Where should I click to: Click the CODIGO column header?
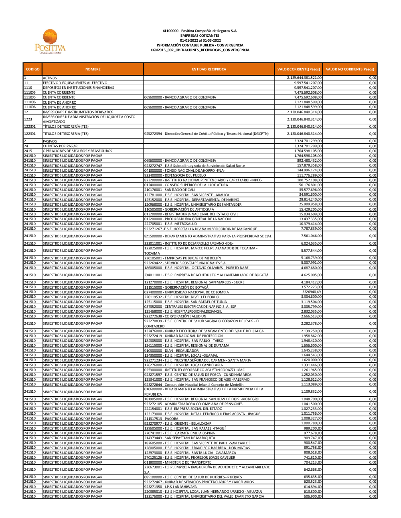32,69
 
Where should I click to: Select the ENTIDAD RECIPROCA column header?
209,69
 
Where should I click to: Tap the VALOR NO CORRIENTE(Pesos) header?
350,69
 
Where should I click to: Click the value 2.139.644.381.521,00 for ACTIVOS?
304,78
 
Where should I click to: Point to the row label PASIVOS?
50,141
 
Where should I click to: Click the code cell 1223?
28,119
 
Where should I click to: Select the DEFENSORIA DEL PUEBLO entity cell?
175,175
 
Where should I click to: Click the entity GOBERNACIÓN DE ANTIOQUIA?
179,209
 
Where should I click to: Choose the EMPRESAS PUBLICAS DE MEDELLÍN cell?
182,258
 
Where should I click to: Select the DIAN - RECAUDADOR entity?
171,351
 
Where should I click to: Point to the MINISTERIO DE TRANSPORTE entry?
178,462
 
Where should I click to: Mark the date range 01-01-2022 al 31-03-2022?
200,40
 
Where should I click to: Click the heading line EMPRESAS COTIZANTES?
200,36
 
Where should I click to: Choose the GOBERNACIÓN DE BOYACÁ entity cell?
176,287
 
